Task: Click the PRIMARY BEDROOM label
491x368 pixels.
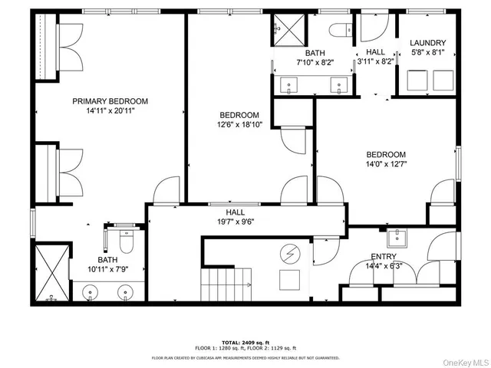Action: pos(110,101)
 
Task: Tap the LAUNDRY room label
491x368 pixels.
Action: pos(427,43)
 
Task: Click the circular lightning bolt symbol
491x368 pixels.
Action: pos(290,251)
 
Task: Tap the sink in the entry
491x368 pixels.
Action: pos(397,236)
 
